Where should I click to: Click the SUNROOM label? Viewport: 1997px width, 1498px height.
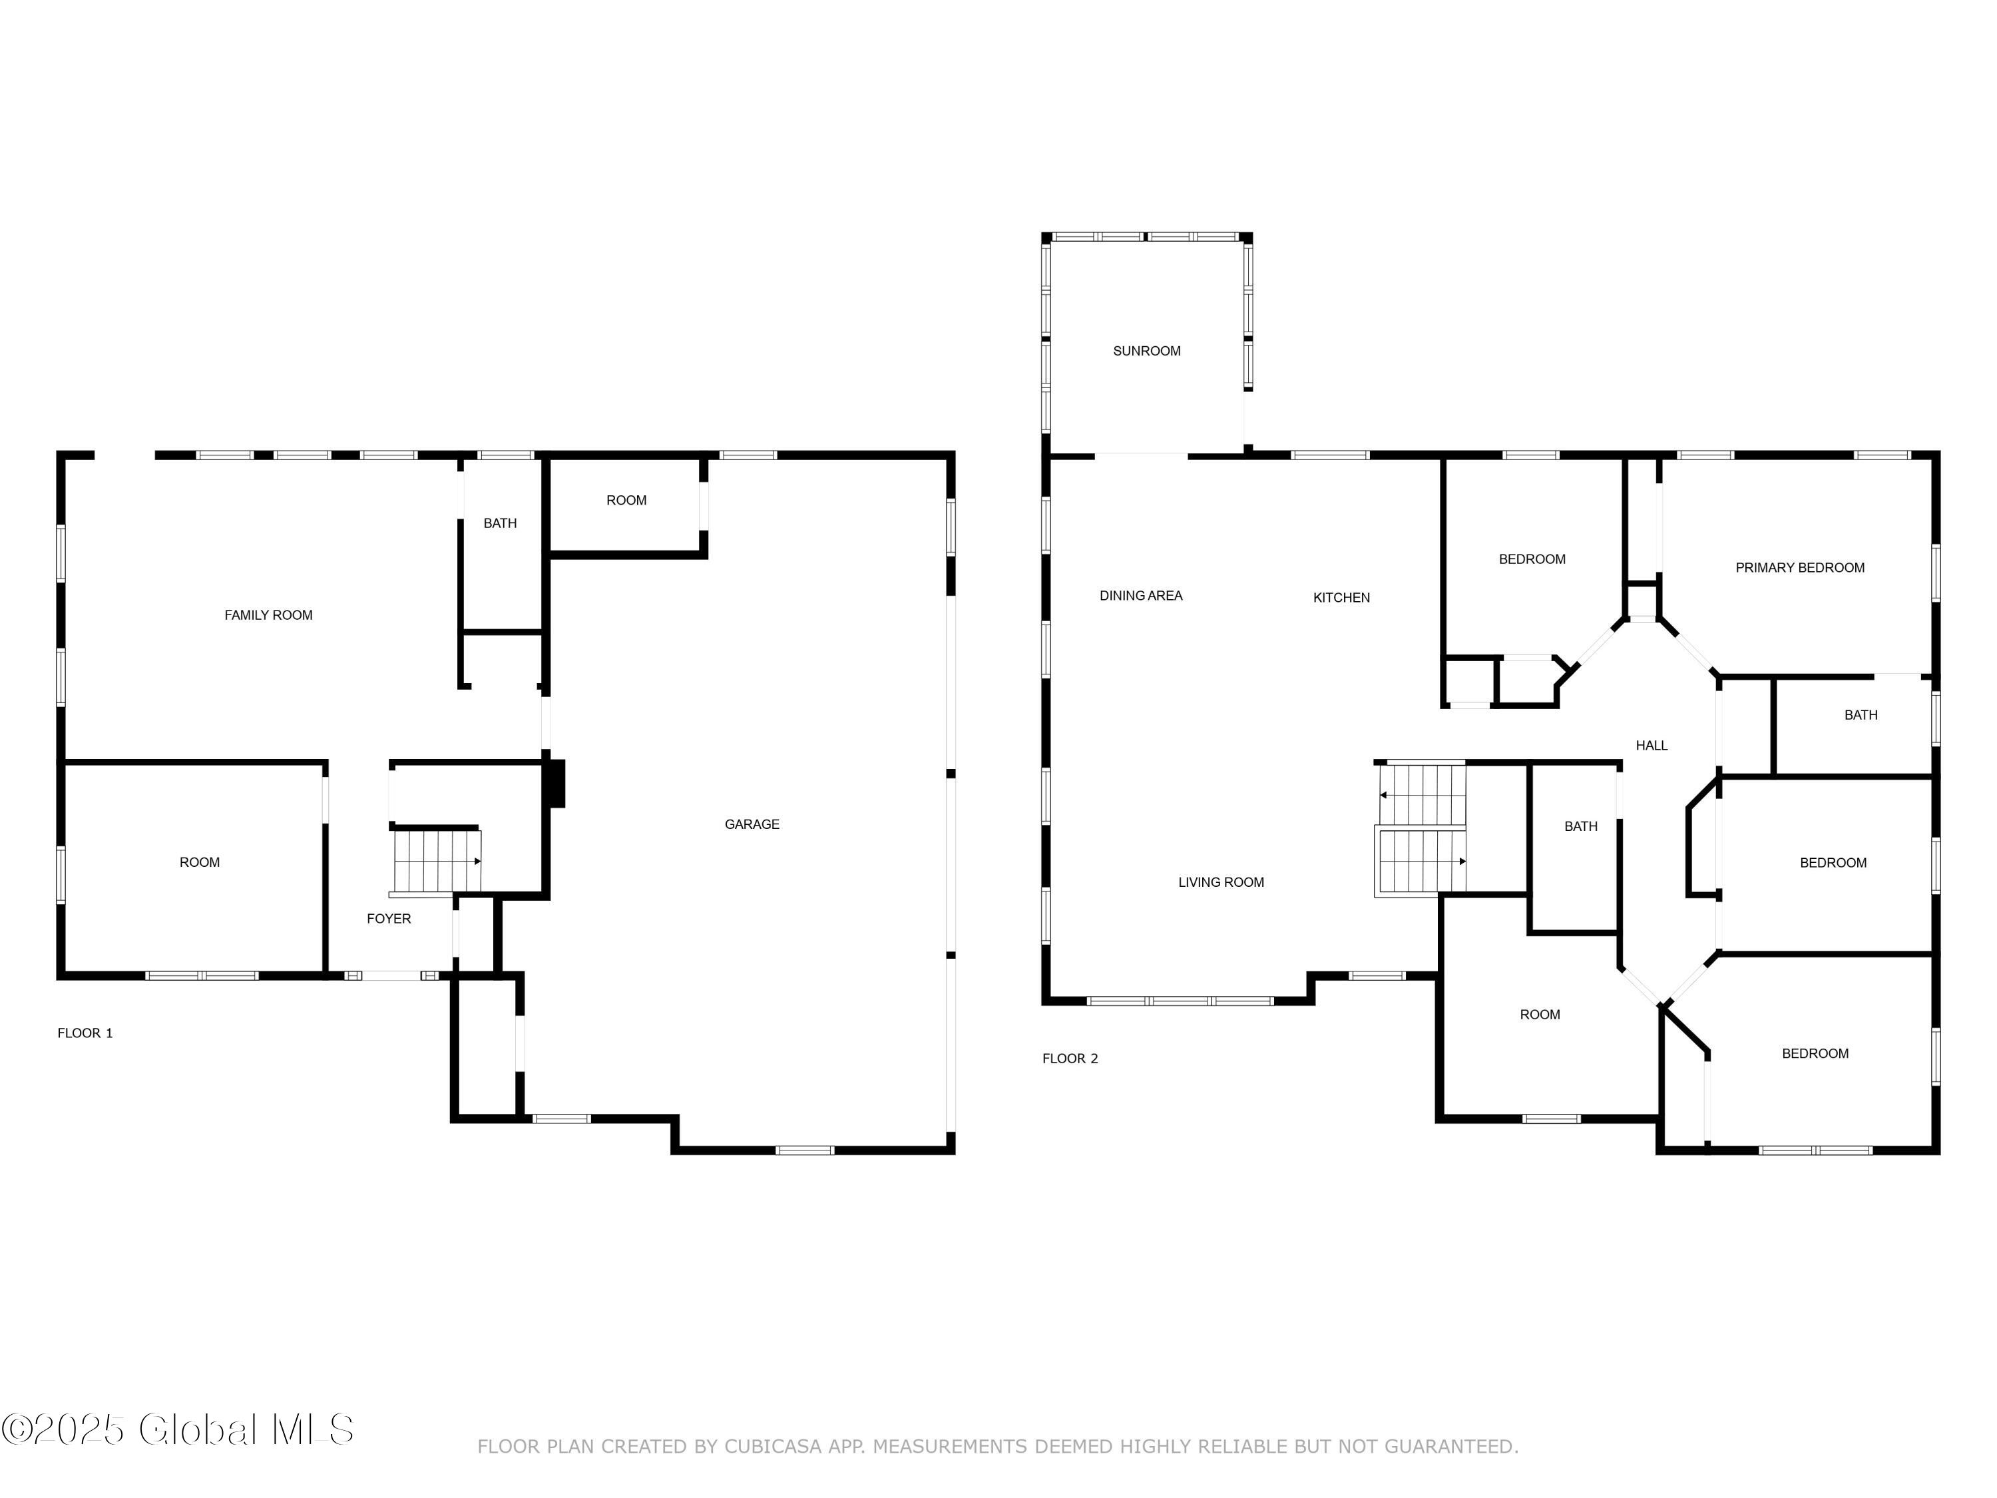1146,352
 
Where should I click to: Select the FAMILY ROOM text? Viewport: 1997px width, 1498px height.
268,616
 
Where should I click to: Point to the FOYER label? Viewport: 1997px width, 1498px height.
388,919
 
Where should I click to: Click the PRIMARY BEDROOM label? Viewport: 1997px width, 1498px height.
1799,568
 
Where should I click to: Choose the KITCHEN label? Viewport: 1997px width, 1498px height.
1341,598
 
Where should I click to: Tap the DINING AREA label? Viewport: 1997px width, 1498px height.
1140,596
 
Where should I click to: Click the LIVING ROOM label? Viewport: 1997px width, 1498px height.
1221,883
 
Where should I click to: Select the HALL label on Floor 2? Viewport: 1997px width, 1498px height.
1652,746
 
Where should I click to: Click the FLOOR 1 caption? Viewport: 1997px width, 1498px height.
85,1034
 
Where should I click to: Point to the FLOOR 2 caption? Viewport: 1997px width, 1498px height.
1070,1059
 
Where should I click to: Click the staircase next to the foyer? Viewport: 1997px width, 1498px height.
437,862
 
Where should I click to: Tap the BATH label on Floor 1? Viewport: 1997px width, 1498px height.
499,524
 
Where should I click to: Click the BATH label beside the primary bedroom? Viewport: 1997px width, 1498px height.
1860,715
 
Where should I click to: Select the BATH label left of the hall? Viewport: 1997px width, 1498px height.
1580,827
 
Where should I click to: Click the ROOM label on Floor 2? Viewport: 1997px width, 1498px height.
1539,1015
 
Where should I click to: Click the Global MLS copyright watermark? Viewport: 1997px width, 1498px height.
178,1429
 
